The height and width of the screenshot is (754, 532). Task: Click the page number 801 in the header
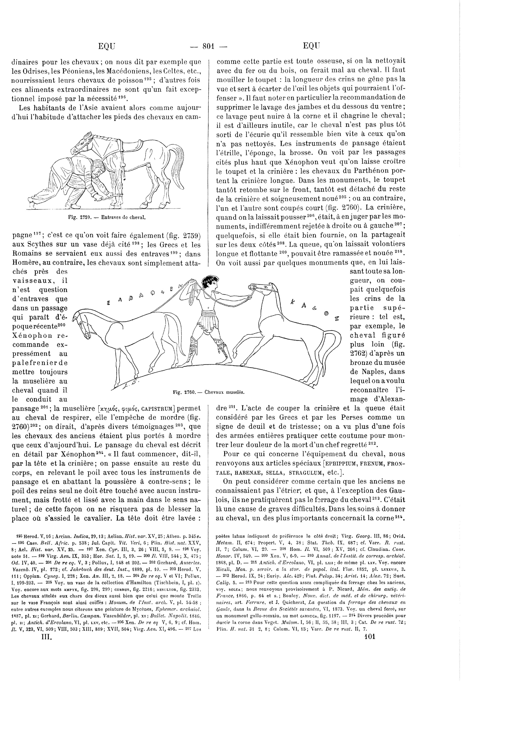pyautogui.click(x=208, y=46)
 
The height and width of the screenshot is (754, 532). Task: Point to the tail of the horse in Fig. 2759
pyautogui.click(x=178, y=164)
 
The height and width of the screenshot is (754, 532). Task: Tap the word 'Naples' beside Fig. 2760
pyautogui.click(x=370, y=372)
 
